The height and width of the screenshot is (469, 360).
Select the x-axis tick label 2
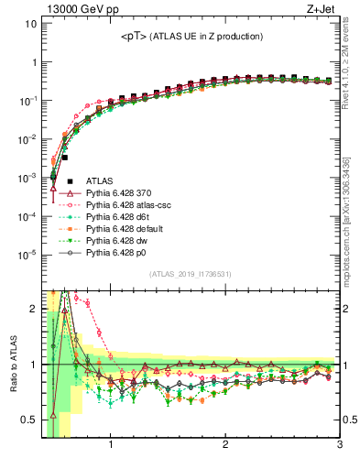pos(225,448)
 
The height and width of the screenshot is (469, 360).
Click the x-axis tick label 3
pos(339,448)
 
